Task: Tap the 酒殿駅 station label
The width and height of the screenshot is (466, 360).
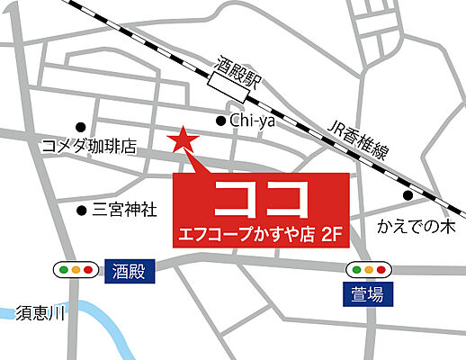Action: [x=237, y=66]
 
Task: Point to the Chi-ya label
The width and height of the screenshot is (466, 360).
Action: [x=252, y=120]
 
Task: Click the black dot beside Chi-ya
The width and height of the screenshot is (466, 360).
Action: [x=220, y=120]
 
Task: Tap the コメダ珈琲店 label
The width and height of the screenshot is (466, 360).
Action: [x=88, y=146]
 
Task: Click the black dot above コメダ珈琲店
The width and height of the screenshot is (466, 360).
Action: [x=80, y=126]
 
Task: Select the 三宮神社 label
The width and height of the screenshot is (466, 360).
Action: [x=125, y=211]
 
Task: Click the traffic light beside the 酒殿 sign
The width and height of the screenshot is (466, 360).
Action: [x=76, y=269]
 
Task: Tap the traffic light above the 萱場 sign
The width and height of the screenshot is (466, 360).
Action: [x=369, y=268]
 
